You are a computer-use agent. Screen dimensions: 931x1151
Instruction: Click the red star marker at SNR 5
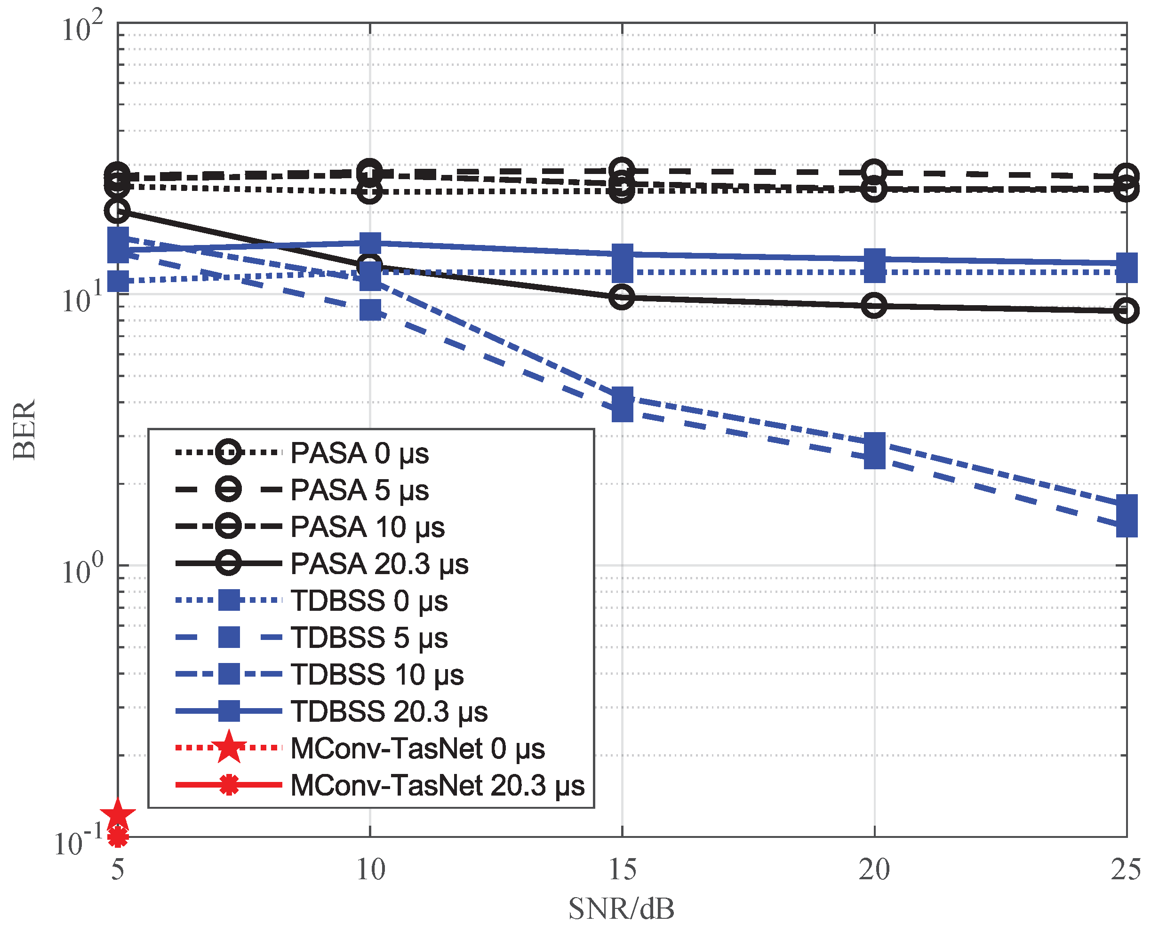pyautogui.click(x=118, y=814)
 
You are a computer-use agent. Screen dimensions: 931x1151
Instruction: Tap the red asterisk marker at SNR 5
pyautogui.click(x=118, y=836)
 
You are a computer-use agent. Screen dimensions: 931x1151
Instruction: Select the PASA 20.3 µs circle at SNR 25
pyautogui.click(x=1126, y=310)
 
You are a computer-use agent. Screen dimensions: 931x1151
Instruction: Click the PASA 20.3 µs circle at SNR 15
pyautogui.click(x=622, y=297)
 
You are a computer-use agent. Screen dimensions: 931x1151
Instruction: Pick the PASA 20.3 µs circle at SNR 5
pyautogui.click(x=118, y=210)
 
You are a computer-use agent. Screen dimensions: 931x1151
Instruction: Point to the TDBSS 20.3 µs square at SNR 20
pyautogui.click(x=874, y=259)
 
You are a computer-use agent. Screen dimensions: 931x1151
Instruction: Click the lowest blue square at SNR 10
pyautogui.click(x=370, y=310)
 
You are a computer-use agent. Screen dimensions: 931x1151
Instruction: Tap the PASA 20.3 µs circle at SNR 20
pyautogui.click(x=874, y=306)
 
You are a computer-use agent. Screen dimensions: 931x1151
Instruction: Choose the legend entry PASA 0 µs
pyautogui.click(x=359, y=453)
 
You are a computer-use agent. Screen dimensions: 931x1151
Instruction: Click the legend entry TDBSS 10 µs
pyautogui.click(x=377, y=675)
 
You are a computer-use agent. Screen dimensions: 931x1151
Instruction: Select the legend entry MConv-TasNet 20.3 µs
pyautogui.click(x=437, y=786)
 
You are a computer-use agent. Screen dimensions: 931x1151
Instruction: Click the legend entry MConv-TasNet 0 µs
pyautogui.click(x=417, y=749)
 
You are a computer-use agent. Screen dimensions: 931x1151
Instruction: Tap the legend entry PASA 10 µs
pyautogui.click(x=367, y=527)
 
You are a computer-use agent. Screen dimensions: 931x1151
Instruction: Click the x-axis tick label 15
pyautogui.click(x=622, y=870)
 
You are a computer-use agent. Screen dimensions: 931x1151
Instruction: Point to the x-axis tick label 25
pyautogui.click(x=1125, y=870)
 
